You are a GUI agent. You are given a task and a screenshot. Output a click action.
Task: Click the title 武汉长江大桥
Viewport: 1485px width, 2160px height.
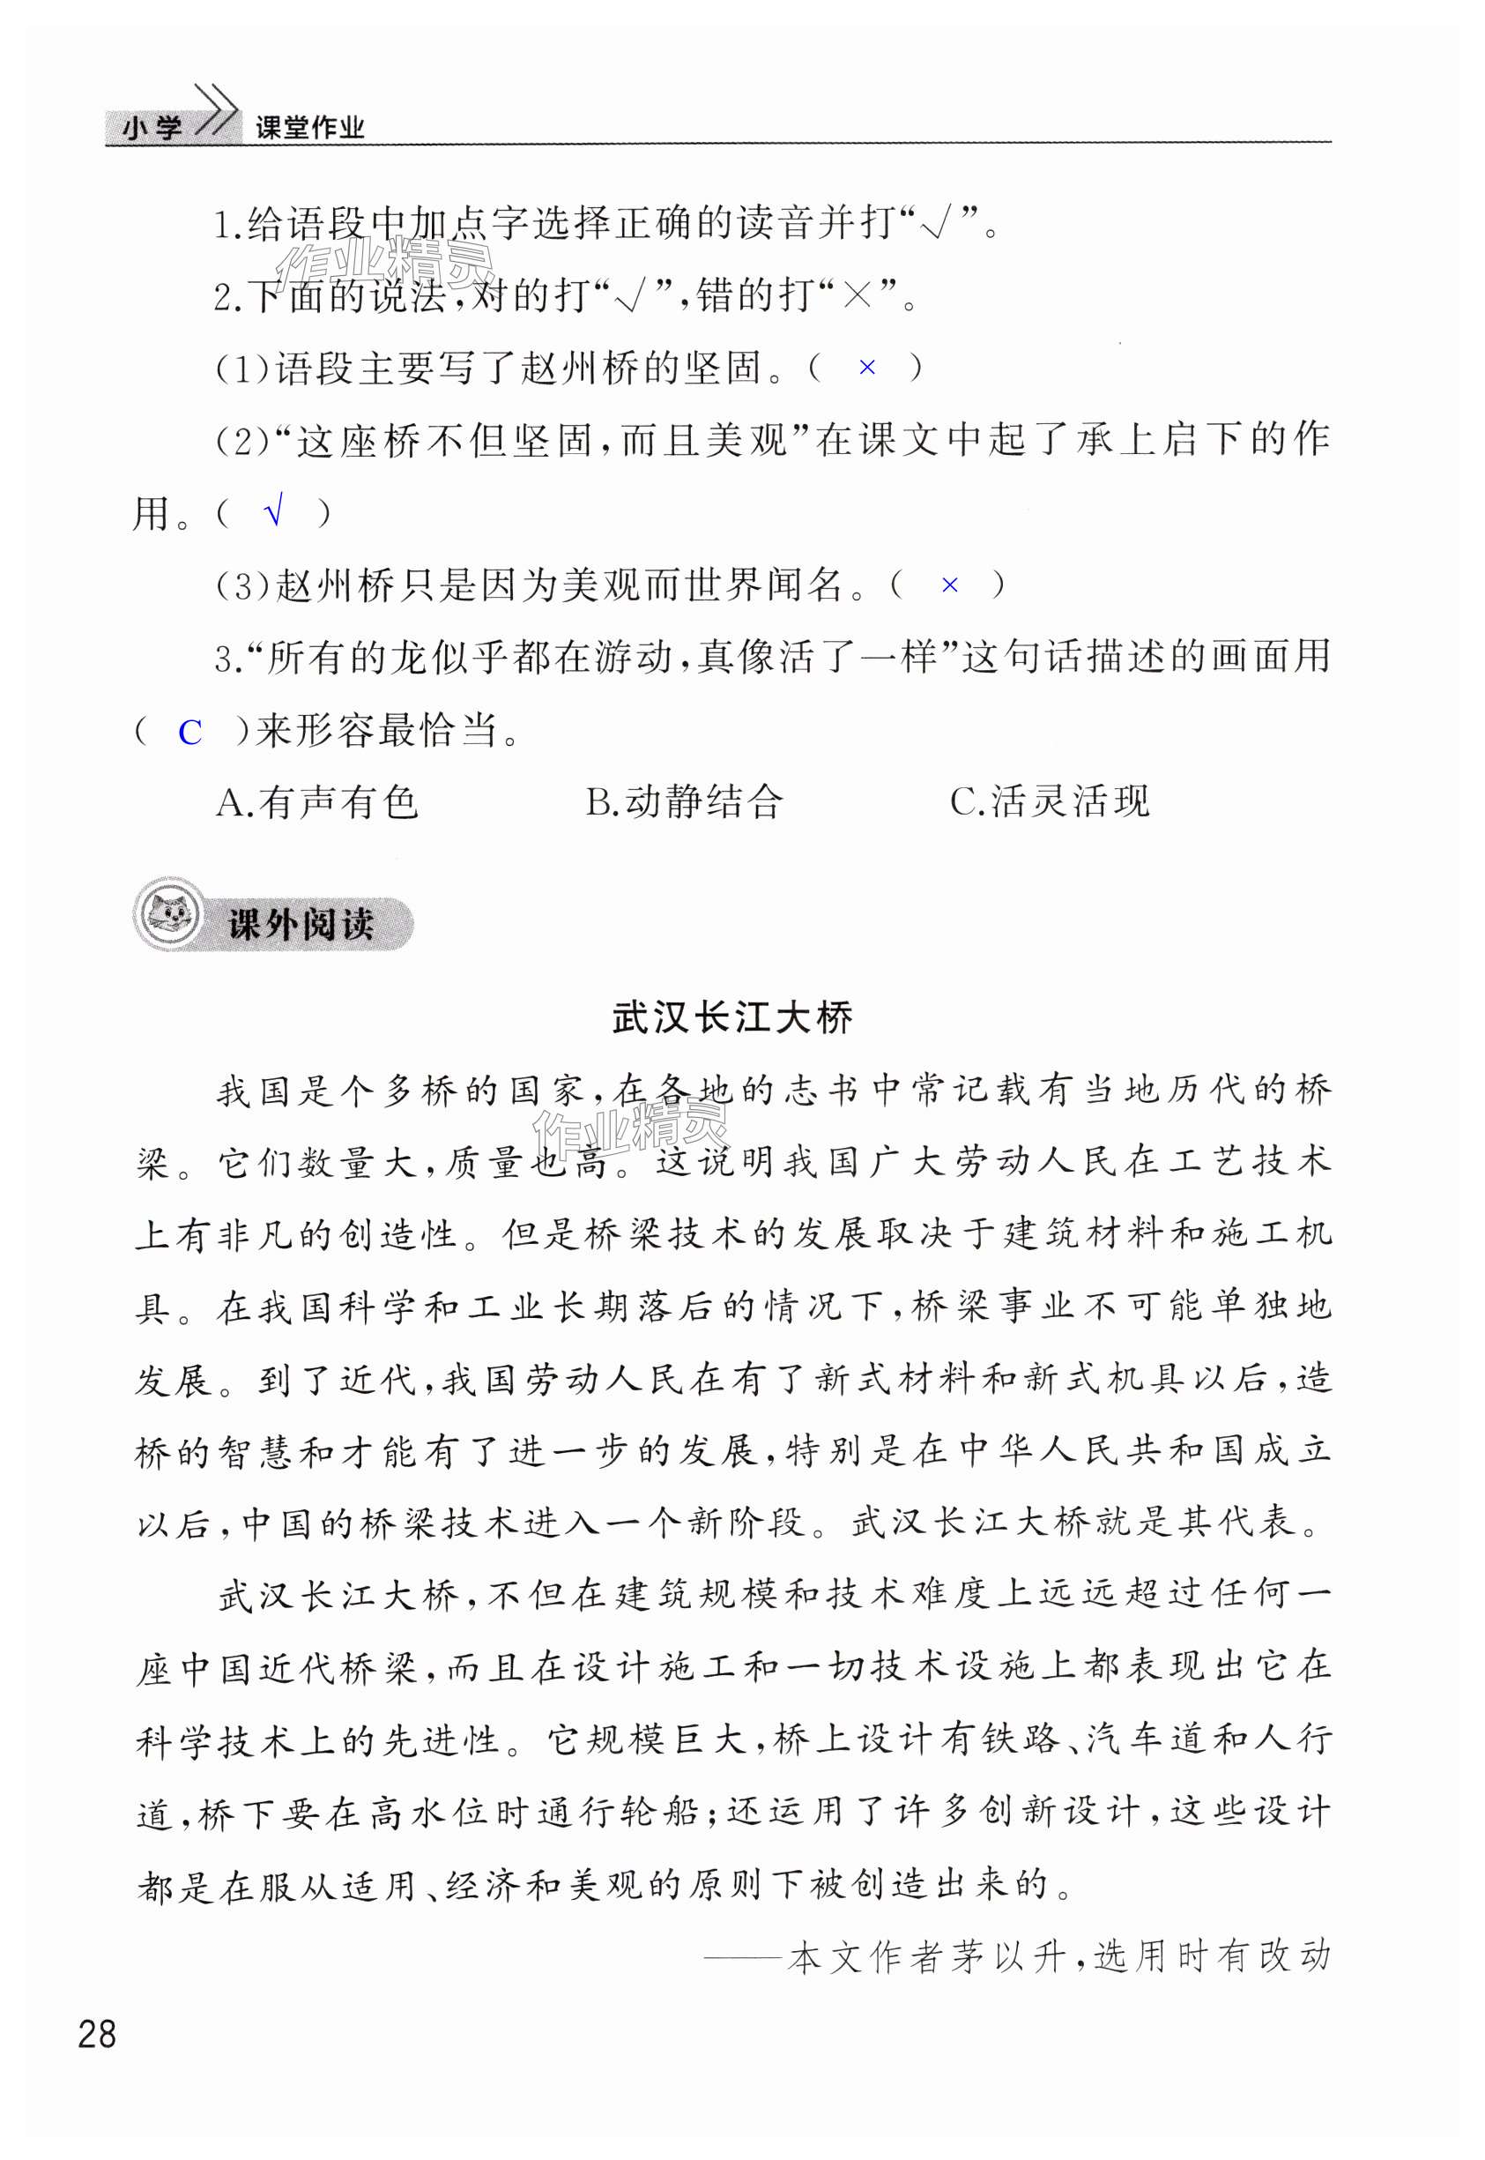[x=732, y=1017]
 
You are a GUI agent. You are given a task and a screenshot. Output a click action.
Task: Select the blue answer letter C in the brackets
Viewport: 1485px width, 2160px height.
[x=189, y=734]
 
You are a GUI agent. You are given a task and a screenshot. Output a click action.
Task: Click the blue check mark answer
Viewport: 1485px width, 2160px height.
[x=273, y=512]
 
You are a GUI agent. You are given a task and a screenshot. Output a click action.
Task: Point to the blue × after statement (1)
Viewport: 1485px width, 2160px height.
[x=866, y=368]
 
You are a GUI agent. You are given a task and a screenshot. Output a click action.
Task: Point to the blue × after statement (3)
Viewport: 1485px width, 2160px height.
[x=949, y=585]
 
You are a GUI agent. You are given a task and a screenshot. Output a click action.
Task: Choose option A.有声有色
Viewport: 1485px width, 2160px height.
[x=317, y=802]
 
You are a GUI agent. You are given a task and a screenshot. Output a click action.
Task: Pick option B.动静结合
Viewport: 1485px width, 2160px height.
[x=684, y=802]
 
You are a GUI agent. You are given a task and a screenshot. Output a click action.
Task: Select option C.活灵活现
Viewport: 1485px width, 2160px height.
[x=1050, y=802]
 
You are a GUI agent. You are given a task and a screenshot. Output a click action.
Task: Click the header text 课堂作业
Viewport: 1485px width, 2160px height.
[x=310, y=128]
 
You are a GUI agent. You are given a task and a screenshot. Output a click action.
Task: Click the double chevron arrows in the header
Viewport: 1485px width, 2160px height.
[x=216, y=112]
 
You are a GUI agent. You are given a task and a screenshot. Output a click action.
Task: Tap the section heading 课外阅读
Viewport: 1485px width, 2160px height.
[x=300, y=924]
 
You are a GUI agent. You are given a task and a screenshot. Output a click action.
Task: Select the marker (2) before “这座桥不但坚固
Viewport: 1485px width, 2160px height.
[x=241, y=441]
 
